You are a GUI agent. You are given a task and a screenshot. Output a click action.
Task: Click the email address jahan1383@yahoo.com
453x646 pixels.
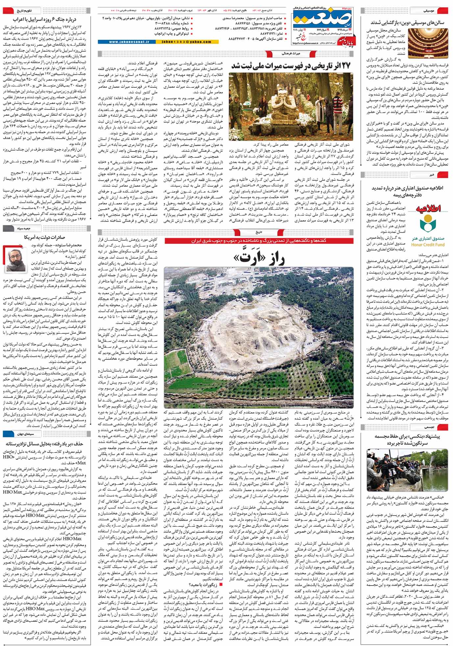(186, 42)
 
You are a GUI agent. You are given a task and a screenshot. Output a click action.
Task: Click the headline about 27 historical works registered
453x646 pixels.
(292, 65)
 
